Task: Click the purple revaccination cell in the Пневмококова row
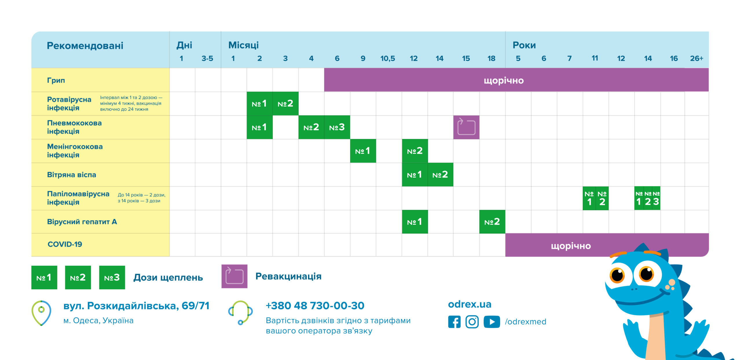(x=466, y=127)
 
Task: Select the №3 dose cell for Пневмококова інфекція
(x=337, y=127)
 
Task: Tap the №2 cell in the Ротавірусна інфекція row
(x=285, y=104)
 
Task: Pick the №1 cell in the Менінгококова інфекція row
(x=363, y=151)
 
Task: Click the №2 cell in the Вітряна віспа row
(x=440, y=175)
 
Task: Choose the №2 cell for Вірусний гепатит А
(x=492, y=222)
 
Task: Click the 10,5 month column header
(x=388, y=58)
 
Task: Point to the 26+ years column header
(x=696, y=58)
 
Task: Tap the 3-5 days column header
(x=207, y=58)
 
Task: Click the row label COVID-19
(x=65, y=244)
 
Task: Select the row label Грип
(x=56, y=80)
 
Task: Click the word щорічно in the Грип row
(x=504, y=80)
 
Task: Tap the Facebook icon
(x=454, y=322)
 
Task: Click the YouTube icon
(x=491, y=322)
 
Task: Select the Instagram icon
(x=472, y=322)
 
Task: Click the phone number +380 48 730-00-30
(x=315, y=306)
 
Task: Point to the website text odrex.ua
(x=469, y=304)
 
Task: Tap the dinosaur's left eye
(x=617, y=275)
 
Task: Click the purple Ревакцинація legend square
(x=234, y=276)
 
